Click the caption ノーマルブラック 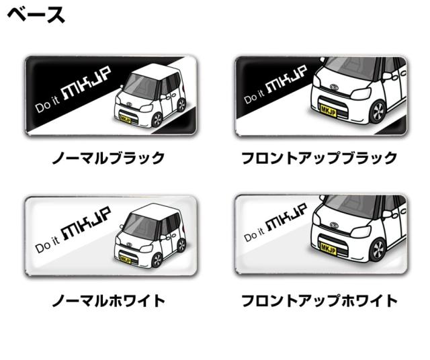tap(109, 159)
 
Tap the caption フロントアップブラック tap(319, 159)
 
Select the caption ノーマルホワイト tap(109, 300)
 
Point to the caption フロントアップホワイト tap(319, 300)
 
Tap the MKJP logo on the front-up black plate tap(287, 79)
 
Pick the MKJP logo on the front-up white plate tap(287, 220)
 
